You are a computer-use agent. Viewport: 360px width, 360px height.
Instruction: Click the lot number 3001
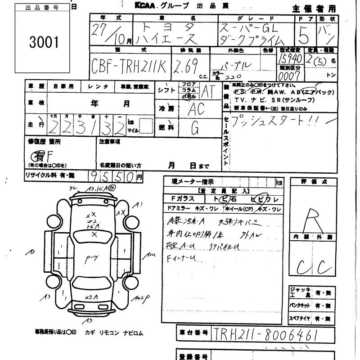[44, 42]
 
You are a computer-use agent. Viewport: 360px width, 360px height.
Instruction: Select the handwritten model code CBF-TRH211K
[130, 67]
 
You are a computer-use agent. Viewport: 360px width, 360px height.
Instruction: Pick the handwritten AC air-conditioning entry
[196, 108]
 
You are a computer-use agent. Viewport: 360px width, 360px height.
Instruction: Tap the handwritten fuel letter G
[195, 129]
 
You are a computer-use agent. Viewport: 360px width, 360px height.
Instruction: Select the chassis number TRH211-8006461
[266, 334]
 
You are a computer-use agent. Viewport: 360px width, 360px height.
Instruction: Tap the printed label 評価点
[312, 181]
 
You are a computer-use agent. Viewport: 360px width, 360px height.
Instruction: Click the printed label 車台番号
[193, 333]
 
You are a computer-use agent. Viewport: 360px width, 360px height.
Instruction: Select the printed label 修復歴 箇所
[44, 141]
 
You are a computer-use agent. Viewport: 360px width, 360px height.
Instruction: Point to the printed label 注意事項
[109, 141]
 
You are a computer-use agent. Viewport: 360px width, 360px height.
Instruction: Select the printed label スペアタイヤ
[301, 319]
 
